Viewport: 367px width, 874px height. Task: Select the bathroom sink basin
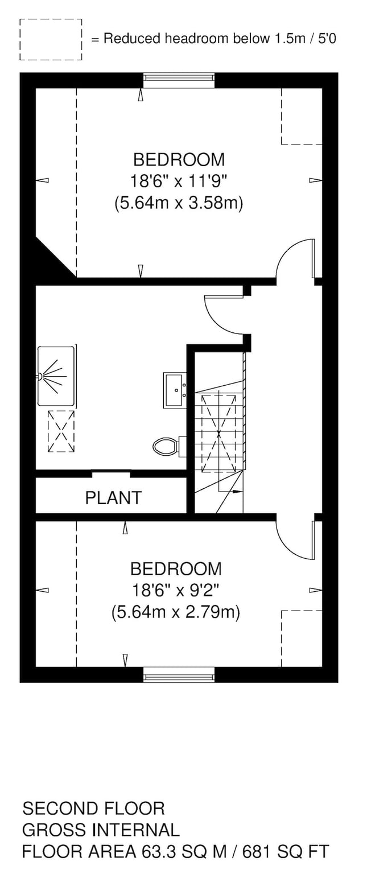(x=175, y=390)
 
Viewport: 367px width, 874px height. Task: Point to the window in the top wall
(x=179, y=80)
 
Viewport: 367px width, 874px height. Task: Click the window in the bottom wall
(x=179, y=675)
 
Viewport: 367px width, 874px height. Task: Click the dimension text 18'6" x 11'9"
(x=179, y=181)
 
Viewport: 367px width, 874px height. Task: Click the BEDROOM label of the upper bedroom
(x=179, y=159)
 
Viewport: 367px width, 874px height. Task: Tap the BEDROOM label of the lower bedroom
(x=175, y=569)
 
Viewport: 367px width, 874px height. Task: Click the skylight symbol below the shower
(x=61, y=431)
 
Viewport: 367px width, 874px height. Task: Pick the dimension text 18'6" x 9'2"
(x=175, y=590)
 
